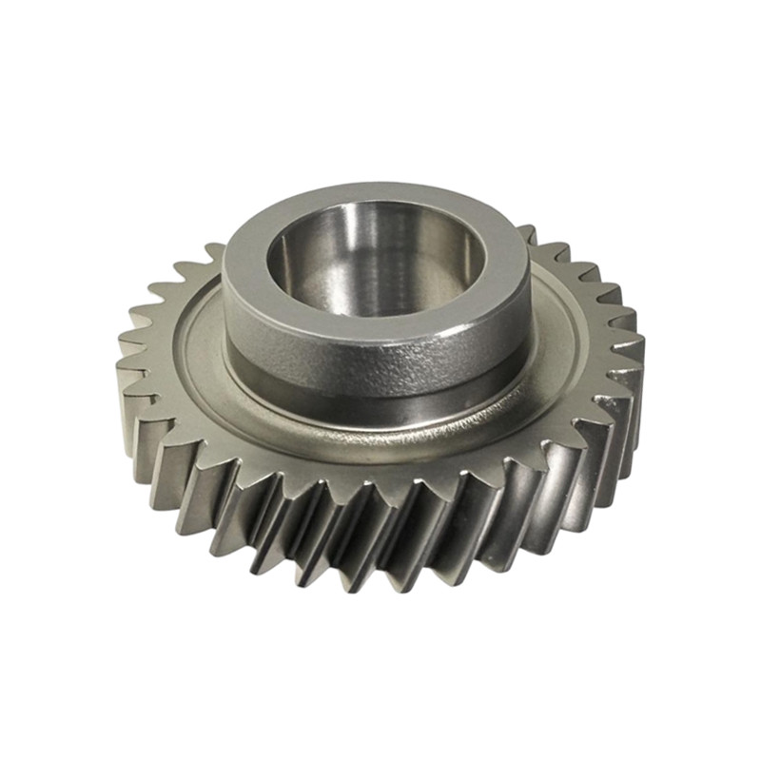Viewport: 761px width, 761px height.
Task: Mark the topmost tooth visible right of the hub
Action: click(x=526, y=234)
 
